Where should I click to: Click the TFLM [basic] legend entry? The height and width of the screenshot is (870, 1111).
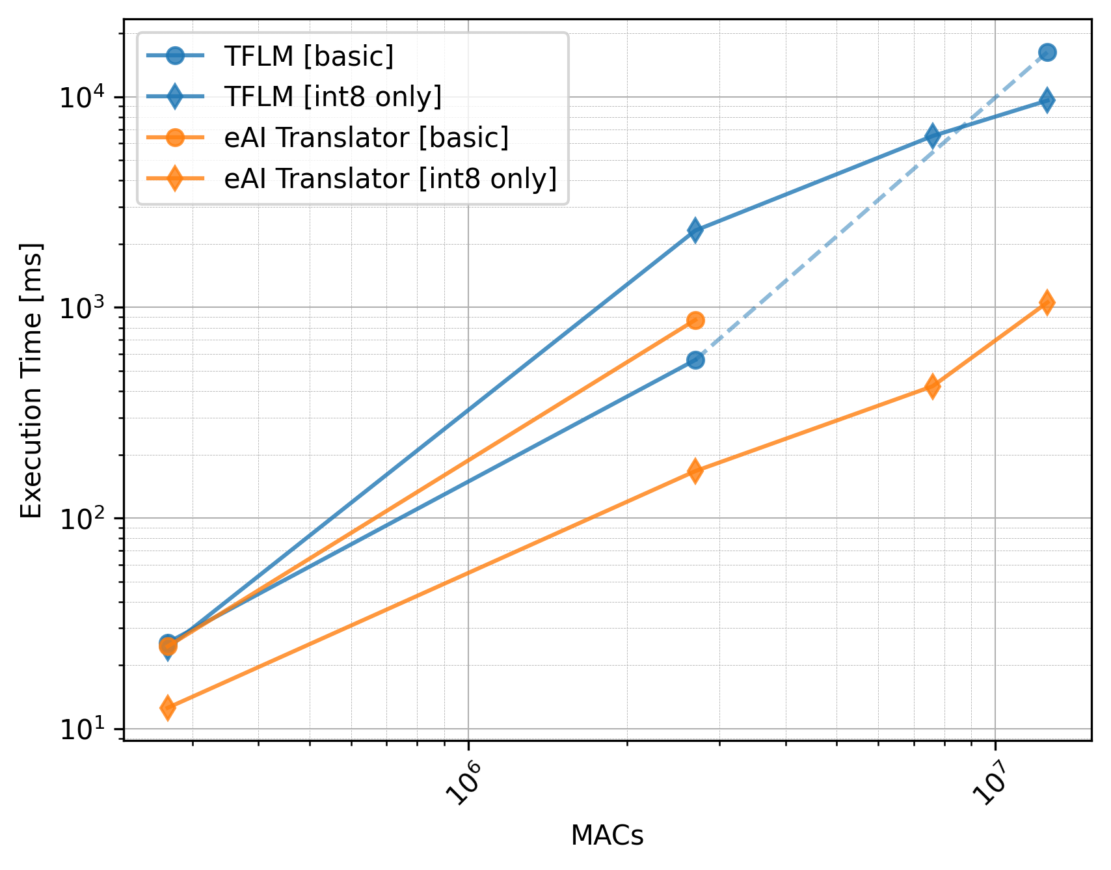coord(308,57)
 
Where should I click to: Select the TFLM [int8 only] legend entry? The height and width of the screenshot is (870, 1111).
coord(332,97)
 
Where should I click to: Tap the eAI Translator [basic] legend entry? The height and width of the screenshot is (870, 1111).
coord(366,138)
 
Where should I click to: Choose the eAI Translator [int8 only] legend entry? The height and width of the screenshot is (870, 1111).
coord(390,178)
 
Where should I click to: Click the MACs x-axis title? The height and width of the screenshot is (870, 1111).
coord(607,836)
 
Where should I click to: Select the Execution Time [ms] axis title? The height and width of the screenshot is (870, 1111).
coord(31,381)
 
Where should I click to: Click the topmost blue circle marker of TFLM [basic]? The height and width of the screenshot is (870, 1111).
coord(1047,53)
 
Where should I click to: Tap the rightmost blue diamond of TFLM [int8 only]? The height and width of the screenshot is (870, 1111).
coord(1047,100)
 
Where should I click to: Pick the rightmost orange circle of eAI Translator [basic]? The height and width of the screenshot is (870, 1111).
coord(695,320)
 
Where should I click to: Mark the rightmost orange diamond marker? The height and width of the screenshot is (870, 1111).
coord(1047,303)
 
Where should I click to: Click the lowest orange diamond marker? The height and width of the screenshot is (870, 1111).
coord(168,707)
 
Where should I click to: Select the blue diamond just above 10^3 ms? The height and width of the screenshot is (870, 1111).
coord(695,230)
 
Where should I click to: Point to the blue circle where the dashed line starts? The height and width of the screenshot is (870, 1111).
coord(695,360)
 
